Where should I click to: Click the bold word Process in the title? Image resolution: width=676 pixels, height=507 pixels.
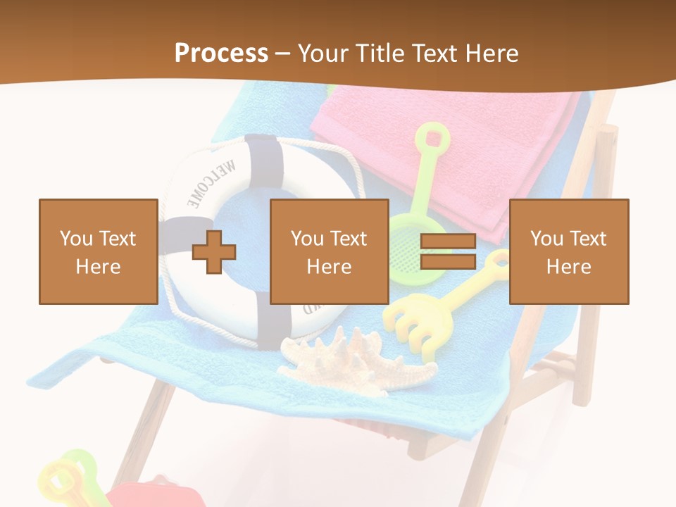[221, 53]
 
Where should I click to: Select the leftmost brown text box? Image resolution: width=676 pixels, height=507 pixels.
[98, 251]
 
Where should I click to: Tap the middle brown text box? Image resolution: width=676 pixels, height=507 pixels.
[329, 251]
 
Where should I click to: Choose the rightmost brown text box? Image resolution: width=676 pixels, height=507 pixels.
[568, 251]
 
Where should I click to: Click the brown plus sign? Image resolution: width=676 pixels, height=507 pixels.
[214, 252]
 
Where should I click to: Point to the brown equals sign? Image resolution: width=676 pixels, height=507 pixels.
[448, 252]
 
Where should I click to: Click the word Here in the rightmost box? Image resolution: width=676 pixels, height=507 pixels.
[568, 266]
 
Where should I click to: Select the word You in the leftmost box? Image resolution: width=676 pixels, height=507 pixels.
[75, 239]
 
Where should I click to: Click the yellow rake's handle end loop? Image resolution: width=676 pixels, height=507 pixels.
[498, 261]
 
